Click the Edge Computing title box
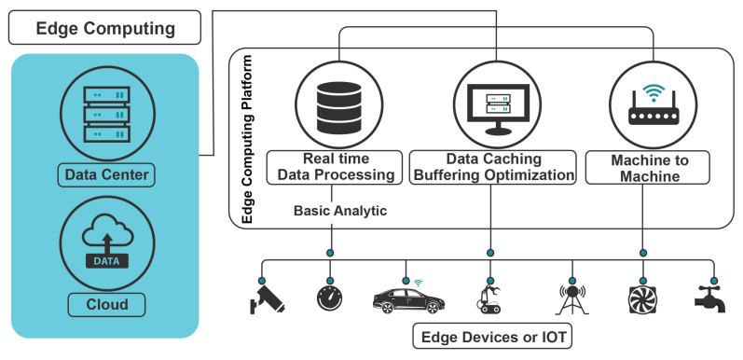pos(104,28)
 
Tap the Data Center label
pos(104,173)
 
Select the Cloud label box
pos(104,303)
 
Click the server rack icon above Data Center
pos(104,108)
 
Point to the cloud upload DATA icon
pos(104,241)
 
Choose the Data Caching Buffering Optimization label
pos(492,168)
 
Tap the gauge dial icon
pos(332,299)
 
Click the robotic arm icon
pos(488,298)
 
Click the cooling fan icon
pos(641,299)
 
